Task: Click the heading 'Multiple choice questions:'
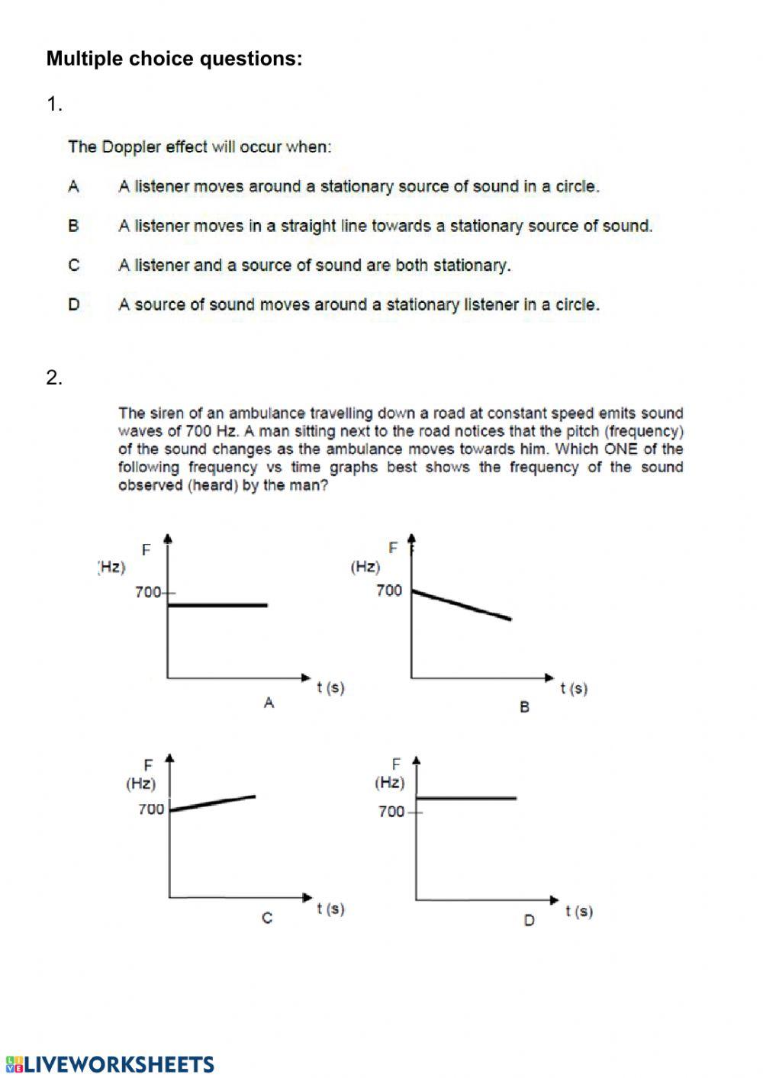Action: [174, 59]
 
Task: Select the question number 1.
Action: [54, 105]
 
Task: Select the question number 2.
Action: [54, 378]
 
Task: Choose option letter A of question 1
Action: [74, 186]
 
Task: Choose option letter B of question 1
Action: [74, 226]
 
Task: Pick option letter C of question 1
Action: [74, 265]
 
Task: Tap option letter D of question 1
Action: [74, 304]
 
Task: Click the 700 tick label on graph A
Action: [148, 592]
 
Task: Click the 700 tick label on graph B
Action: [388, 590]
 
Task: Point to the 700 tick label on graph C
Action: [151, 809]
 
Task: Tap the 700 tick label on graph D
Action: [391, 812]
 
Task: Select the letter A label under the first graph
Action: [269, 703]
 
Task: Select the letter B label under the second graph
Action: [524, 707]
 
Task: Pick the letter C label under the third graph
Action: [267, 918]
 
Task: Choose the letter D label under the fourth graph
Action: [530, 921]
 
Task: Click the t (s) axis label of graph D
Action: [579, 911]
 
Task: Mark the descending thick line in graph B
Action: [462, 605]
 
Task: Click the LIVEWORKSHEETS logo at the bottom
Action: [110, 1064]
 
